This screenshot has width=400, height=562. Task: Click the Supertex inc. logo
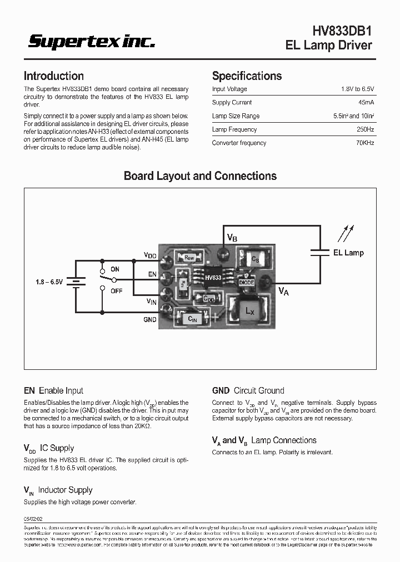92,42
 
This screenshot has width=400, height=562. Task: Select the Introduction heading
54,76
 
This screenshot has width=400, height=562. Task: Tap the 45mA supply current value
366,103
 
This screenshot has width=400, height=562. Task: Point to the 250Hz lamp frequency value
366,129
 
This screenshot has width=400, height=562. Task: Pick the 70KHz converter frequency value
364,143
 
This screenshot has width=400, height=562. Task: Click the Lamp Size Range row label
236,116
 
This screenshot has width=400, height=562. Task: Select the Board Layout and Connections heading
200,176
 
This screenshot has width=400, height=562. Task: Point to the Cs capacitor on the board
254,259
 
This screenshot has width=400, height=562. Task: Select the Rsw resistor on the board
189,257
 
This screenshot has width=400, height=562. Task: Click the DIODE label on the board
246,282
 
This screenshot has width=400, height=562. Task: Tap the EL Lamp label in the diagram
348,253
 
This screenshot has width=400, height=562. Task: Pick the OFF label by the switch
116,290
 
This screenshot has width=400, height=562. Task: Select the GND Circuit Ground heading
248,390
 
